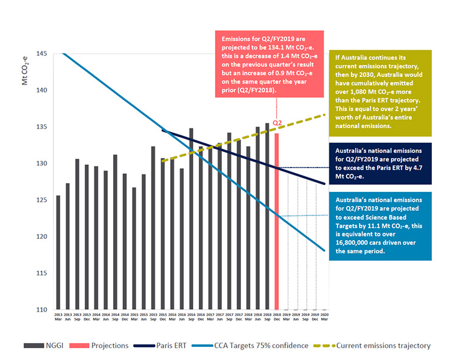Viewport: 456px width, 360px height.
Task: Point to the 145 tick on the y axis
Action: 41,53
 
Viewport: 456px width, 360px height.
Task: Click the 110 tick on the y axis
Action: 41,310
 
